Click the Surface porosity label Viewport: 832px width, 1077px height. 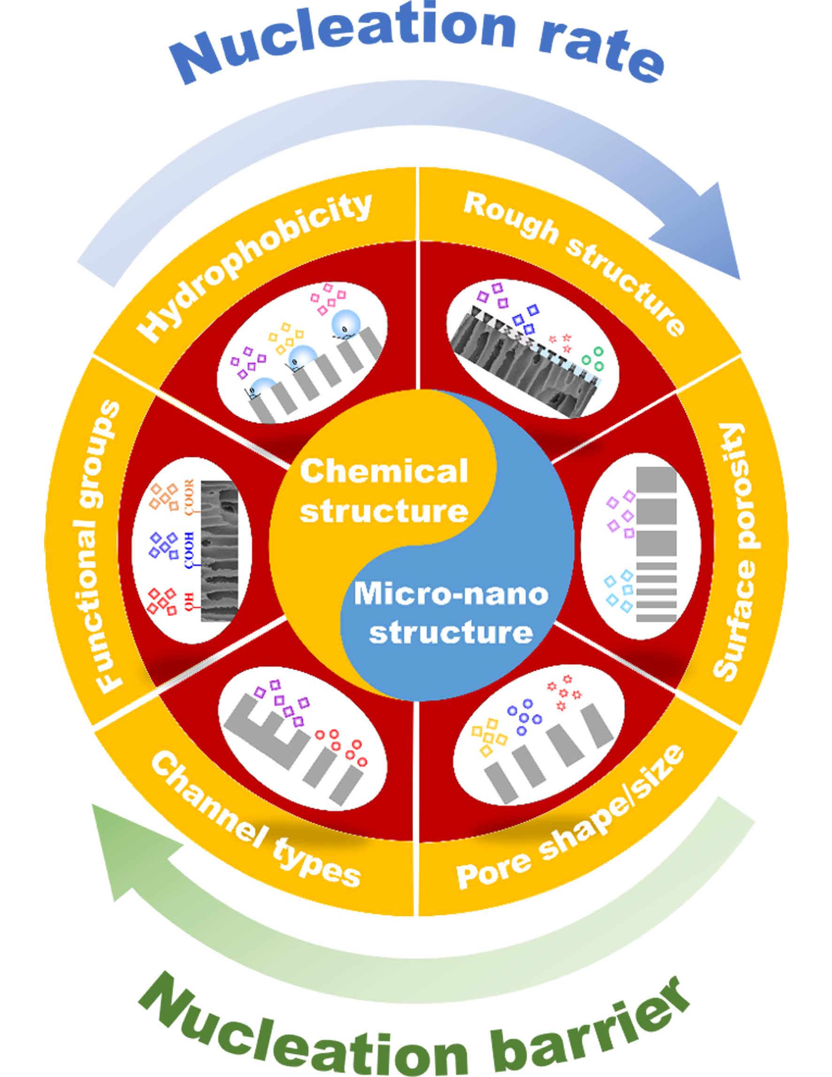(x=735, y=552)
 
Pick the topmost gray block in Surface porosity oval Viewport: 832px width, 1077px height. (x=656, y=481)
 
